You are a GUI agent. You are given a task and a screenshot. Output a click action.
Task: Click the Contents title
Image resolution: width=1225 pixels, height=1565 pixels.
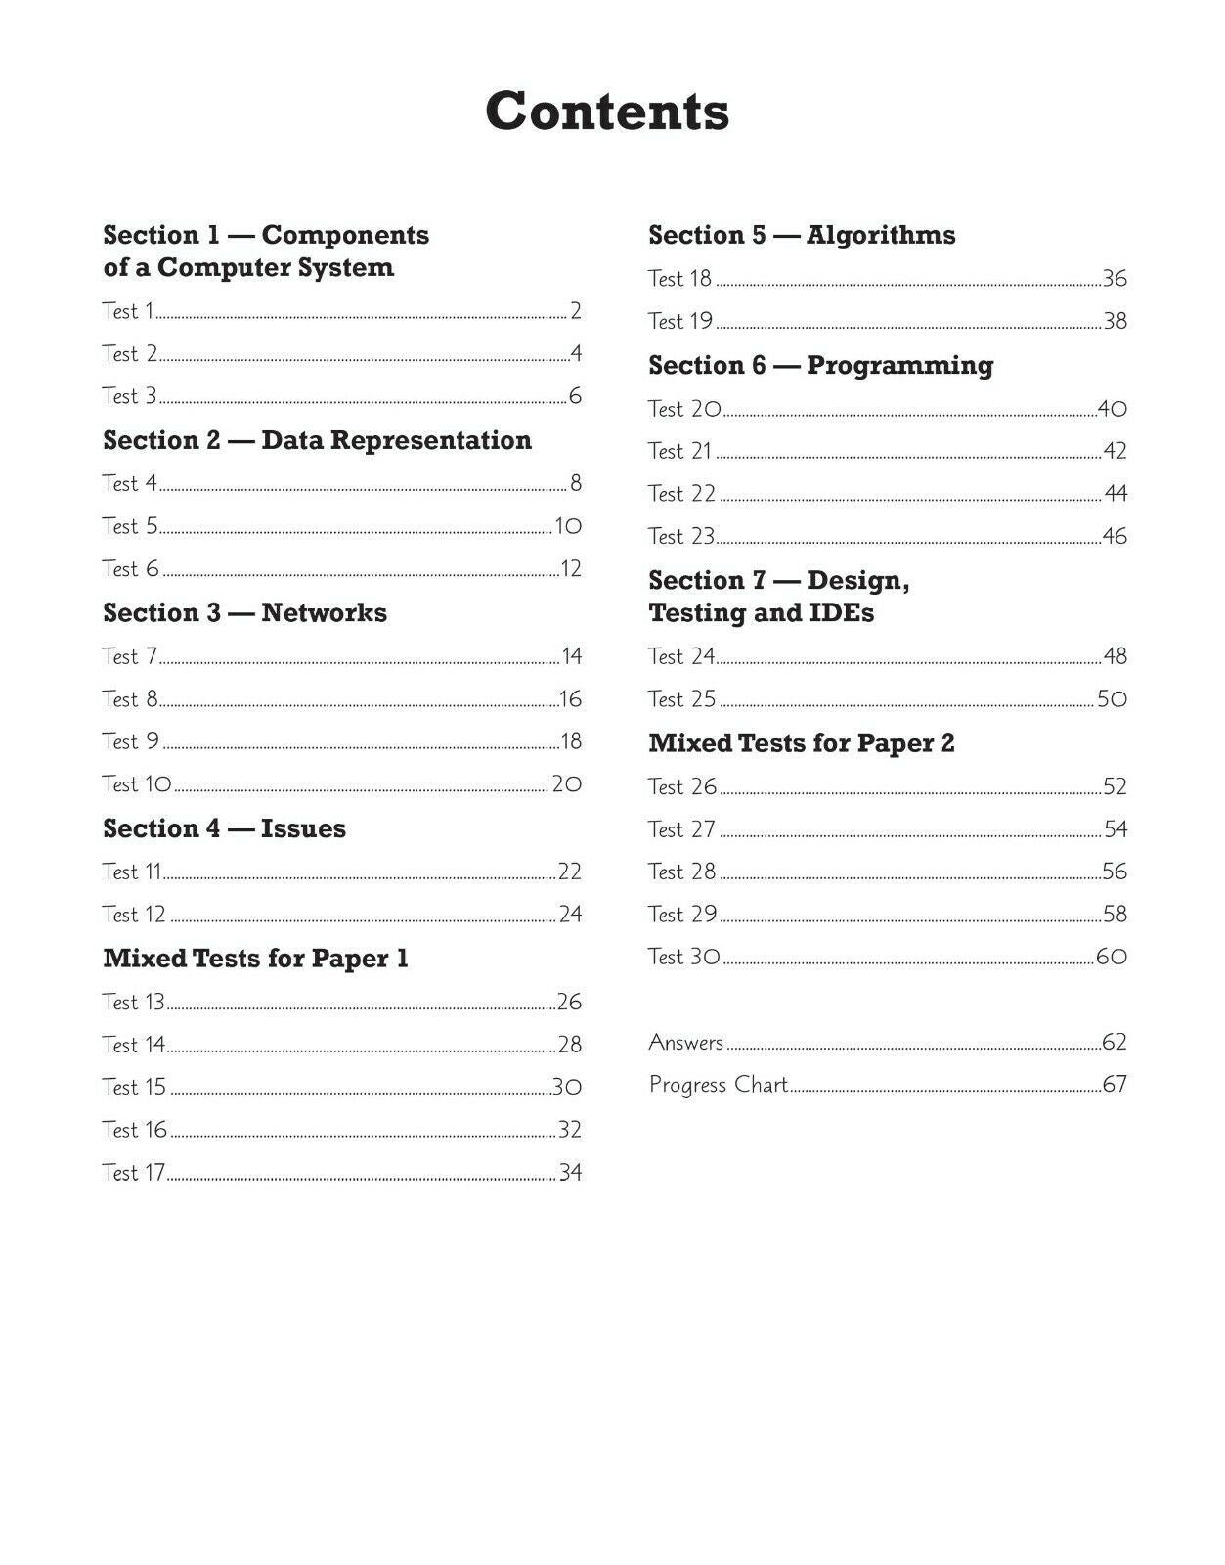pos(607,111)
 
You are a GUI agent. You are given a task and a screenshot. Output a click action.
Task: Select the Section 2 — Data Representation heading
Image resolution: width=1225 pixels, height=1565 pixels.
pos(317,440)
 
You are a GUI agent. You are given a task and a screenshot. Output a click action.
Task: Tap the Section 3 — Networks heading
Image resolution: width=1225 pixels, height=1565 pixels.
pos(244,613)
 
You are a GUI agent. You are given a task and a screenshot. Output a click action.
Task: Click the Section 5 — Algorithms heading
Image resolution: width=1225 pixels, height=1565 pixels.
pos(802,235)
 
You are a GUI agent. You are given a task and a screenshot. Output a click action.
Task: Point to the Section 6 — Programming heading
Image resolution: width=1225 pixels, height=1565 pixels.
pos(820,366)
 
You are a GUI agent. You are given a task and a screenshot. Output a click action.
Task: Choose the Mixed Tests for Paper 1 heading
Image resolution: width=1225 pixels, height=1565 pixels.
pos(255,959)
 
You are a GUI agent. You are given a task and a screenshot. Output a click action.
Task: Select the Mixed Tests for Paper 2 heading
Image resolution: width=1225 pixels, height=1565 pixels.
pos(801,743)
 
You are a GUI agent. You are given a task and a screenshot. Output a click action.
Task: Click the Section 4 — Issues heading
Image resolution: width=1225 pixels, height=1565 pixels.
pos(224,828)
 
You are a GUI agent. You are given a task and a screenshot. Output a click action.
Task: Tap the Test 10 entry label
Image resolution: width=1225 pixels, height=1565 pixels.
pos(137,784)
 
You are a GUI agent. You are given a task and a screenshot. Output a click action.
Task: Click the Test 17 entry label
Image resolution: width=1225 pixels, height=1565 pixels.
pos(134,1173)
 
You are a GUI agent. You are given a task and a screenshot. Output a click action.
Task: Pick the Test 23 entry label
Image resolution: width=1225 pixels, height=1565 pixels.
pos(681,537)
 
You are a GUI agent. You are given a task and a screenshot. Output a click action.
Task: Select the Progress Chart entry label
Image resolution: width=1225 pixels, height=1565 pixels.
pos(719,1085)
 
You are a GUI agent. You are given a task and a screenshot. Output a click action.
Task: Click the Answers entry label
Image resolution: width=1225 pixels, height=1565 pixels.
pos(686,1043)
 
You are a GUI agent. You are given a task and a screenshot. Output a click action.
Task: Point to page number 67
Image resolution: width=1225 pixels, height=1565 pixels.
pos(1115,1085)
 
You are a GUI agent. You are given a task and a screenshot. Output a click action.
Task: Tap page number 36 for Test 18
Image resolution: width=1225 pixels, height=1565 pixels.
pos(1115,279)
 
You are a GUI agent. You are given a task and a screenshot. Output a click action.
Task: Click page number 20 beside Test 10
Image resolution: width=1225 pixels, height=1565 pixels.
pos(567,784)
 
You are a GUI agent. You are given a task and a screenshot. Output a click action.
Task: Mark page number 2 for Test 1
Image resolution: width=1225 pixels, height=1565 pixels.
pos(576,311)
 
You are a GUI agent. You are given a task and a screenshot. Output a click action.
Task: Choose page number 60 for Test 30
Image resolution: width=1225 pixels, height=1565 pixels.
pos(1112,957)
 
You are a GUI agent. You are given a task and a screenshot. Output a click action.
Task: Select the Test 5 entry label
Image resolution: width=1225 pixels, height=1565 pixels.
pos(130,526)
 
